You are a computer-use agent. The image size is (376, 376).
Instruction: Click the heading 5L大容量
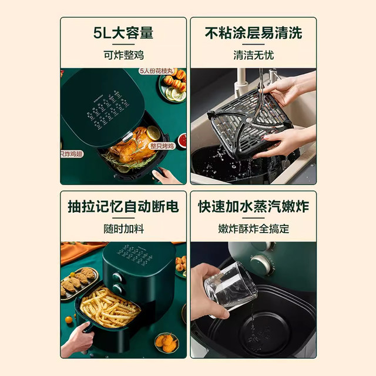click(x=123, y=33)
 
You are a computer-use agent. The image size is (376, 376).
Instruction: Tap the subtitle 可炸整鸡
click(x=123, y=55)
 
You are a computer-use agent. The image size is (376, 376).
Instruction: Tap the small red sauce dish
click(x=182, y=140)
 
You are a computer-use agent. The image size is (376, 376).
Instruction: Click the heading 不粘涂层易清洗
click(x=253, y=33)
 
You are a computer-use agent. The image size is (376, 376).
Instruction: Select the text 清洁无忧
click(x=253, y=55)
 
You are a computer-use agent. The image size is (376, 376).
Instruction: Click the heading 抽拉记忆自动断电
click(x=123, y=207)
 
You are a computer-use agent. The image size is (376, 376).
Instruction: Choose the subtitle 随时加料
click(x=123, y=229)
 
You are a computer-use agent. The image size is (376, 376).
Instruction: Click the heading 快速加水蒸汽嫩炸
click(x=253, y=207)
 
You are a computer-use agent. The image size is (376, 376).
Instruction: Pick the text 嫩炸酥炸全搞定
click(x=253, y=229)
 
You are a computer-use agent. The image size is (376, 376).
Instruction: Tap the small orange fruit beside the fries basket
click(x=69, y=320)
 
